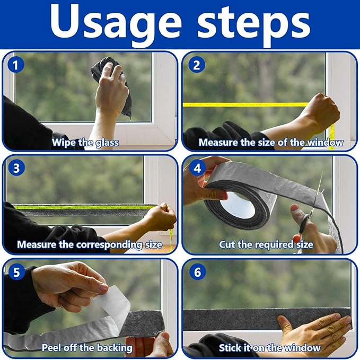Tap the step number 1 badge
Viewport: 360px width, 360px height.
15,65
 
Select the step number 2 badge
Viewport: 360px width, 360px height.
197,65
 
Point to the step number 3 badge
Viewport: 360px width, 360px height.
16,168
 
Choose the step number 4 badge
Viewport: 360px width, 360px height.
197,168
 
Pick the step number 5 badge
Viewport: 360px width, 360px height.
16,272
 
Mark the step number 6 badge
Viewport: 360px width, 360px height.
197,272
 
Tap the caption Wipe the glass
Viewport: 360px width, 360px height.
85,143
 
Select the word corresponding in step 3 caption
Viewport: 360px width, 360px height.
109,245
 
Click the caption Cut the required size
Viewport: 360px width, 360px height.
266,245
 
